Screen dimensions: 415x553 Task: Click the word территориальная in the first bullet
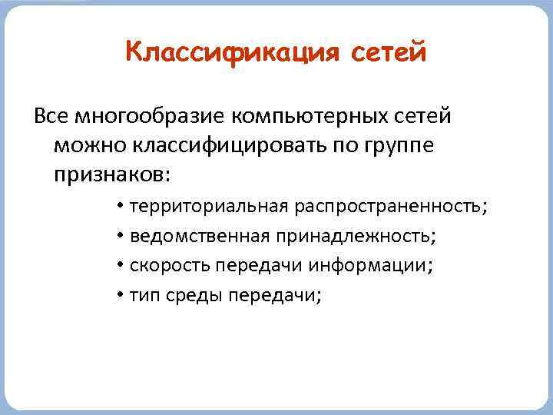coord(210,207)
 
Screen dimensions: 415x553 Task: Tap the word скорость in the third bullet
coord(171,265)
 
